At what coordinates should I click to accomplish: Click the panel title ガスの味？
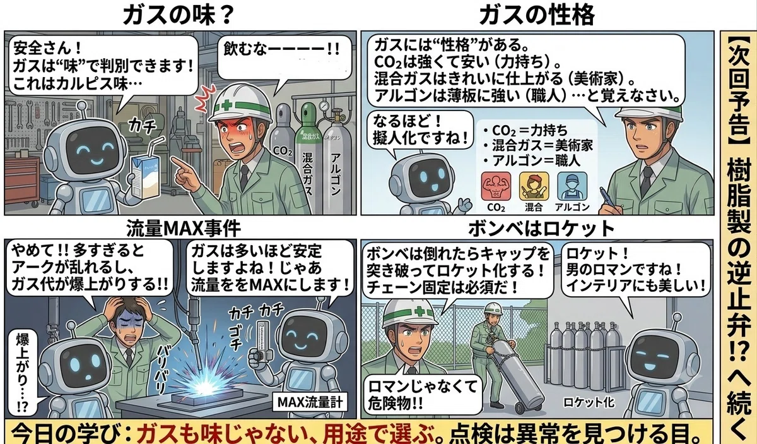tap(179, 15)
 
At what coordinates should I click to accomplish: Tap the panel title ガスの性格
tap(537, 15)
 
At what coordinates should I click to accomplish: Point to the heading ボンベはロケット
tap(541, 229)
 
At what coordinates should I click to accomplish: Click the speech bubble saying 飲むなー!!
tap(283, 57)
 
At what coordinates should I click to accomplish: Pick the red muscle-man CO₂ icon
tap(496, 186)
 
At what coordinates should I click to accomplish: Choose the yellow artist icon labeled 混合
tap(534, 186)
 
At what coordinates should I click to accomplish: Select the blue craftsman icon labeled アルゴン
tap(572, 186)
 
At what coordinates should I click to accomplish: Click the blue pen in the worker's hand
tap(608, 198)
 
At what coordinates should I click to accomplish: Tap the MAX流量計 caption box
tap(310, 402)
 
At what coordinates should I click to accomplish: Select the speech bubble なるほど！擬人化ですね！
tap(421, 130)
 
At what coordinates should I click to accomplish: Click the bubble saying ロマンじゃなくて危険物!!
tap(423, 395)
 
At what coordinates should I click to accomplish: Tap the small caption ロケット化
tap(589, 402)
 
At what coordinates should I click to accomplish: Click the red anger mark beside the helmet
tap(206, 98)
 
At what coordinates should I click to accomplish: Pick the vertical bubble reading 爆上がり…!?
tap(22, 372)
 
